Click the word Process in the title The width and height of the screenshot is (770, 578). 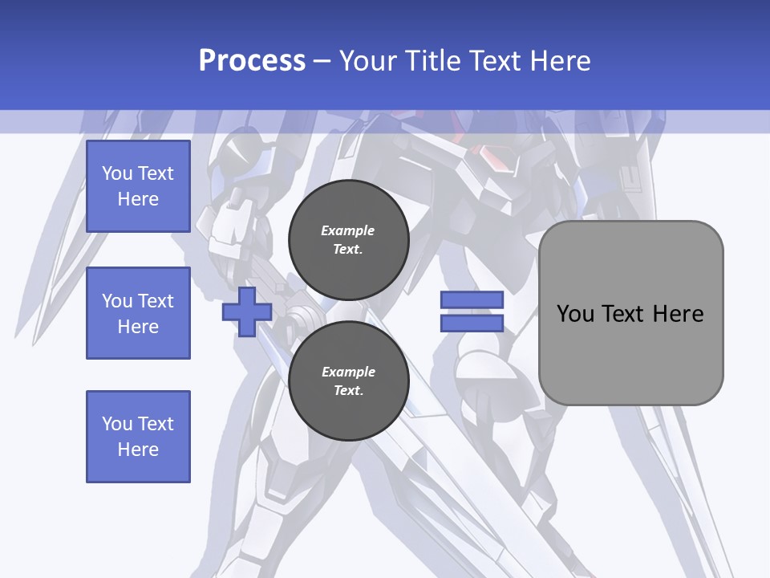(252, 61)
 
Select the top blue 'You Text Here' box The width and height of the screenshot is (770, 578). (138, 186)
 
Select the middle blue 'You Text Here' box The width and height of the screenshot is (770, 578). (138, 313)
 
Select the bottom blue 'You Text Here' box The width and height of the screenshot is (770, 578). (138, 437)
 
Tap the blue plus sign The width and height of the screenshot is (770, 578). (246, 311)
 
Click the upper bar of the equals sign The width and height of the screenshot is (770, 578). (472, 299)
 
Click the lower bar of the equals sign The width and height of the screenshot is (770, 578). (472, 323)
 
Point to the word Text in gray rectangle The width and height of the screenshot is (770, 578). (625, 314)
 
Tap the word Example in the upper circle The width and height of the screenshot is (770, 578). (348, 230)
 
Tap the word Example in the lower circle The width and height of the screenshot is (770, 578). (348, 372)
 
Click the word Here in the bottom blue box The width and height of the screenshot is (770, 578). (138, 450)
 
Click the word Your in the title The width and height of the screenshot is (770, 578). (367, 61)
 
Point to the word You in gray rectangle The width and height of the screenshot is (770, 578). (575, 314)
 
